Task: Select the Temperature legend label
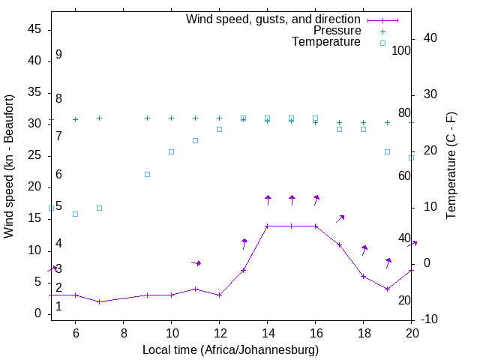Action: [x=326, y=42]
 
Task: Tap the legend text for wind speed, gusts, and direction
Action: [x=274, y=19]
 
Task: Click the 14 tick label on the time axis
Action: [x=267, y=333]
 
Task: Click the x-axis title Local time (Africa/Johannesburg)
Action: [x=231, y=349]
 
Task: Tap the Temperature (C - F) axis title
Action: [x=451, y=166]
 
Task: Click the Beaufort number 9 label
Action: [x=58, y=55]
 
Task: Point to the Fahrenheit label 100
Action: [x=401, y=51]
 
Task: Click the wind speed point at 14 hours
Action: [x=267, y=226]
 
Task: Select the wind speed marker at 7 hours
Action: [x=99, y=301]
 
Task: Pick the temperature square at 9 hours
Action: [x=147, y=174]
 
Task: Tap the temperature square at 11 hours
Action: [x=195, y=140]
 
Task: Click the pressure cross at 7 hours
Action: [x=99, y=118]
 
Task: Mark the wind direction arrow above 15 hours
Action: [x=292, y=199]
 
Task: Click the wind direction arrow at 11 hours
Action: [x=196, y=262]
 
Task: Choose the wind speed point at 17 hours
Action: [x=339, y=244]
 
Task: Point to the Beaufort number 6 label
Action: [x=58, y=175]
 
